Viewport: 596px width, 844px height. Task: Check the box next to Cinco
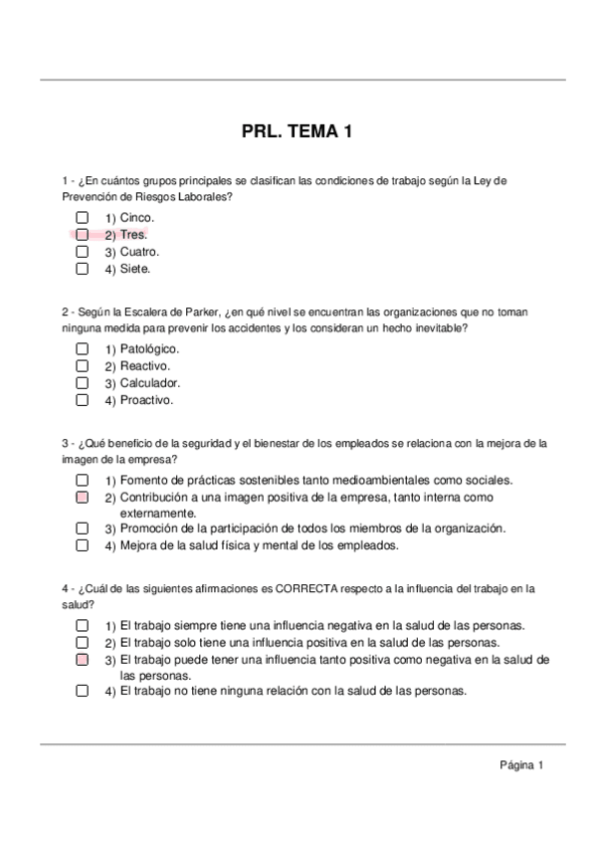click(x=83, y=217)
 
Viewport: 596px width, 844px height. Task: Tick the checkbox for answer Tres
click(x=83, y=234)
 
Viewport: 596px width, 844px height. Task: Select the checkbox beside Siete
click(x=83, y=268)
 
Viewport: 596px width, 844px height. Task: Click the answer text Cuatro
click(x=139, y=252)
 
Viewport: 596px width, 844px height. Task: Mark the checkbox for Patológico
click(x=83, y=349)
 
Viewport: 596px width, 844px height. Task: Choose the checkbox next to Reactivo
click(x=83, y=366)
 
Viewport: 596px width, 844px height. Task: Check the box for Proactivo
click(x=83, y=400)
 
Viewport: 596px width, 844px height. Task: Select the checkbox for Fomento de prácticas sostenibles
click(x=83, y=480)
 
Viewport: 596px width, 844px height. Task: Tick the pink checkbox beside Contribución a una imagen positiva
click(x=83, y=496)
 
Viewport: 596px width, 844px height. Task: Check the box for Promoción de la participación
click(x=83, y=528)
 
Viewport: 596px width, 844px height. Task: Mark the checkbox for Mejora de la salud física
click(x=83, y=545)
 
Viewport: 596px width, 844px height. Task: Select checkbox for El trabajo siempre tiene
click(x=83, y=625)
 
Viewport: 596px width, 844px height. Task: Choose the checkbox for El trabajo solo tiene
click(x=83, y=642)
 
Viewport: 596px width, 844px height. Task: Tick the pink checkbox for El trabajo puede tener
click(x=83, y=659)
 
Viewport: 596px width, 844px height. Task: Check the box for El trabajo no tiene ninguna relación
click(x=83, y=691)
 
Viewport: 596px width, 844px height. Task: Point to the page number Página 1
click(x=521, y=765)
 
